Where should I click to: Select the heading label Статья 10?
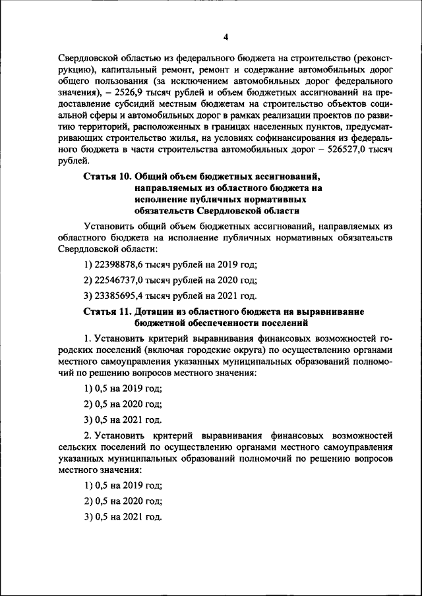(x=107, y=176)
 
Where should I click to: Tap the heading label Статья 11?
(x=107, y=311)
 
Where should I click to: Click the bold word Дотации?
(x=158, y=311)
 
